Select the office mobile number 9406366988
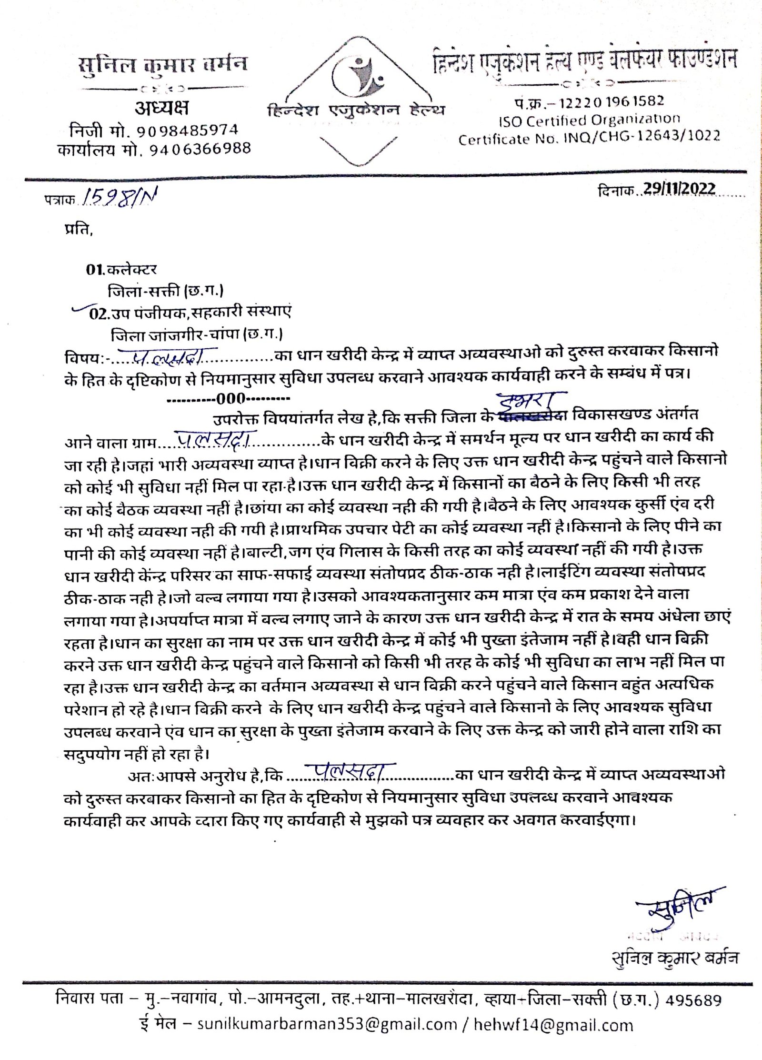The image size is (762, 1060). (x=200, y=150)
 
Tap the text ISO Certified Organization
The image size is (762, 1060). (x=589, y=120)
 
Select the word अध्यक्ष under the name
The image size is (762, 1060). (x=161, y=108)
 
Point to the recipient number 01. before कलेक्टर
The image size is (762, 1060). (x=95, y=270)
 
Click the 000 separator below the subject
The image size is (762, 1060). (x=231, y=398)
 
